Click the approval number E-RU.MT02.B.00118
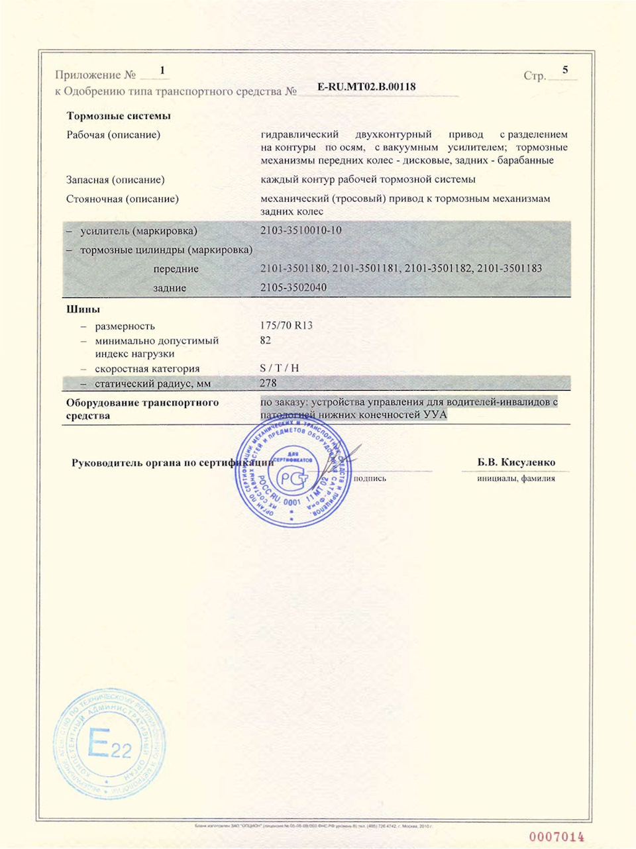(366, 87)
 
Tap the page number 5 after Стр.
(565, 70)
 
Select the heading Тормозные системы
(119, 116)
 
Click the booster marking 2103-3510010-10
(301, 230)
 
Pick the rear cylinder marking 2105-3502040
(293, 287)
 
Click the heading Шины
(83, 309)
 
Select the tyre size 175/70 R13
(287, 325)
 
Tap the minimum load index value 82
(266, 340)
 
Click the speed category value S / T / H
(280, 368)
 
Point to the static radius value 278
(268, 383)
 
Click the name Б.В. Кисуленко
(516, 462)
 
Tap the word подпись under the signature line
(370, 478)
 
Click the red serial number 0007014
(556, 837)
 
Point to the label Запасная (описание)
(115, 179)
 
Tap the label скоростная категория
(147, 369)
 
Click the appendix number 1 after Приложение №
(162, 70)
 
